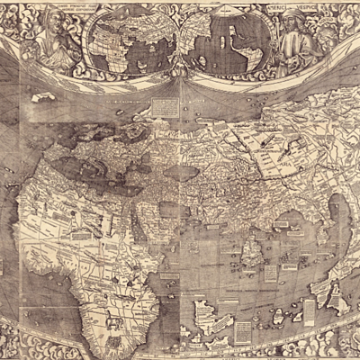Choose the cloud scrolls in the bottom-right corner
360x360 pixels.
coord(342,346)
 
